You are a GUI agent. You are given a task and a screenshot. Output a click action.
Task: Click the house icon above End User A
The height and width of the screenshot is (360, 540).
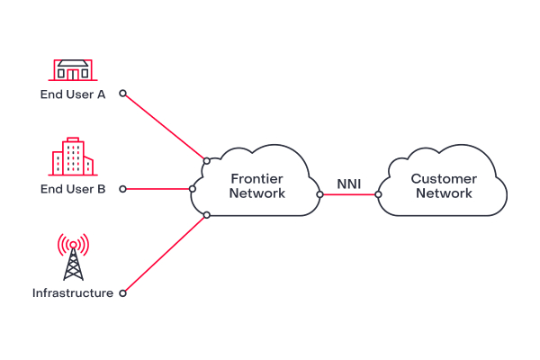72,71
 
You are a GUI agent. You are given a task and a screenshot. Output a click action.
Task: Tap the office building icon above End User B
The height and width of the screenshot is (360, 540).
71,157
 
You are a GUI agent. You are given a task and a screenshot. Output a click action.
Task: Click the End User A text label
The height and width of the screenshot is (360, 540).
73,94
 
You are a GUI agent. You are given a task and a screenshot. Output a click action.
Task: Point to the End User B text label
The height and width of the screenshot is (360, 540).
73,189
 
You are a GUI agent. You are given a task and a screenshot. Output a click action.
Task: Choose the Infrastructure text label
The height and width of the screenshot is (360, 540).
73,293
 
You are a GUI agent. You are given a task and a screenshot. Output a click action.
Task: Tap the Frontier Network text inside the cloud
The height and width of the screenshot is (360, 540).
257,186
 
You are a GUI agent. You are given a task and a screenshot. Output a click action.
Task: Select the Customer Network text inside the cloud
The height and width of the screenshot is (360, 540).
444,186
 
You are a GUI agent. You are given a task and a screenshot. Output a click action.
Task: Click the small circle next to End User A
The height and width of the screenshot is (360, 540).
123,93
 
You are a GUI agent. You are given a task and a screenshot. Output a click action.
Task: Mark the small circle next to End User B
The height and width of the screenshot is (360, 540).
123,189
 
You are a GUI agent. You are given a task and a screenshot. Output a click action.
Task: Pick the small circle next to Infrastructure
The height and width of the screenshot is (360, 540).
123,292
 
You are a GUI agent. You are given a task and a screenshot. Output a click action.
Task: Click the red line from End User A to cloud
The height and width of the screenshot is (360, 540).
165,126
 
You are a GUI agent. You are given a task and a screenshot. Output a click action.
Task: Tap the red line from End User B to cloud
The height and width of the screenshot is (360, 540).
157,189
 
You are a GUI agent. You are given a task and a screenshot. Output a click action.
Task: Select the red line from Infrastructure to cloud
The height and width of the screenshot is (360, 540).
165,254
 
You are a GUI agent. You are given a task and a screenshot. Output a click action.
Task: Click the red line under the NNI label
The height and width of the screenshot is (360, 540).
349,194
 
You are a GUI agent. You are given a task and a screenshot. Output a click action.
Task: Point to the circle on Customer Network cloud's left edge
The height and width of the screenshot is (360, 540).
378,194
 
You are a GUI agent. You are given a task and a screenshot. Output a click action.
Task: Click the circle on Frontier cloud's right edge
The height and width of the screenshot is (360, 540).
319,194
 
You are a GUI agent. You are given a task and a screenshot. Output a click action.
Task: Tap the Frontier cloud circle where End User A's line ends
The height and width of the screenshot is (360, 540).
206,160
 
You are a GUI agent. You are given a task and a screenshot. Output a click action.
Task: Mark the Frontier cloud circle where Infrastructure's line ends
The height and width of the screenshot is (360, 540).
207,215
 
